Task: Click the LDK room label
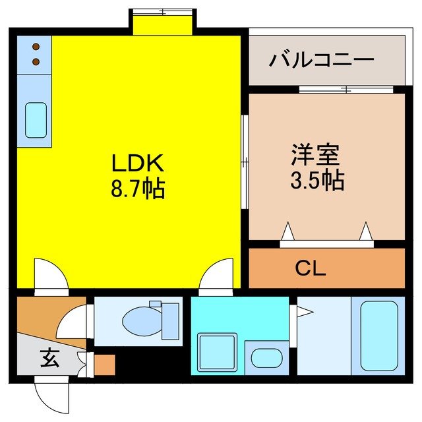pos(136,163)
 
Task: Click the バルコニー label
pos(322,61)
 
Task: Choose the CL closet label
pos(311,268)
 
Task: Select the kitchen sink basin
pos(36,119)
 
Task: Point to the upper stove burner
pos(35,47)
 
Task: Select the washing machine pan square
pos(217,354)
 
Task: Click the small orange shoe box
pos(104,365)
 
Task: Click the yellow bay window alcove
pos(162,23)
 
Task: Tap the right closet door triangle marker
pos(366,232)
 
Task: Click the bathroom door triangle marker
pos(302,310)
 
